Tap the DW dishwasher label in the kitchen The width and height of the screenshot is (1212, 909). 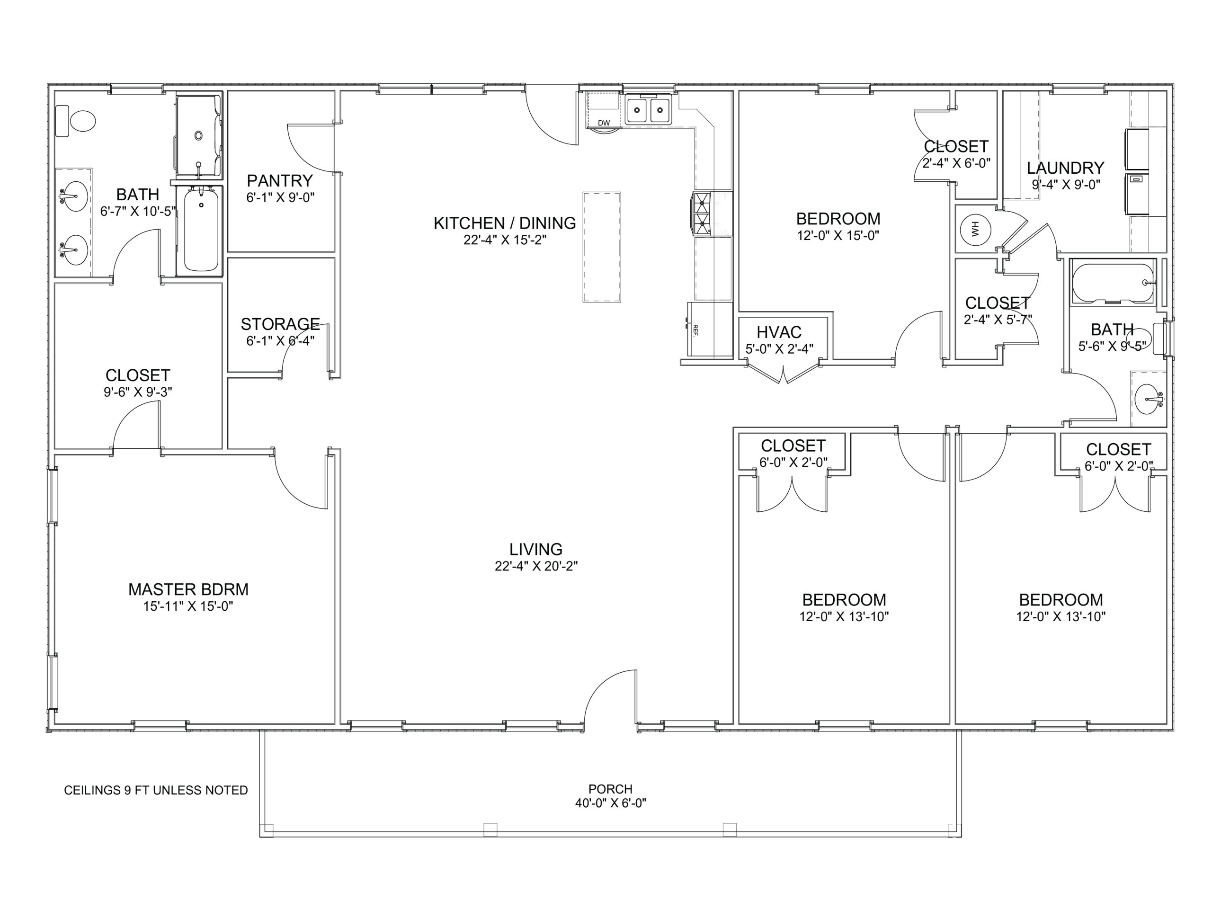tap(604, 123)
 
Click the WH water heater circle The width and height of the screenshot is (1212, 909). tap(975, 228)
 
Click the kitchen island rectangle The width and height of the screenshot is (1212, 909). tap(602, 247)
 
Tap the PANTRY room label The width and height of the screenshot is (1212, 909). tap(279, 180)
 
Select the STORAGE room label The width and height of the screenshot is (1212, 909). tap(280, 324)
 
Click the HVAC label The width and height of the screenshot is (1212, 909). tap(779, 332)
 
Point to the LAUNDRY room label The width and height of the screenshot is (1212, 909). tap(1065, 168)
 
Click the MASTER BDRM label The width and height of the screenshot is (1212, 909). tap(188, 589)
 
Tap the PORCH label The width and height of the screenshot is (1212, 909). tap(610, 789)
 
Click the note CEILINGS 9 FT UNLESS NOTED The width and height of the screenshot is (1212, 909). tap(156, 790)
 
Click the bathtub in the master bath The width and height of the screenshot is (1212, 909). tap(201, 230)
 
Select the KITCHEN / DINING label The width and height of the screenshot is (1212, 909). tap(505, 223)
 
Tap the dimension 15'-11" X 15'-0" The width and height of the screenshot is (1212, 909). tap(188, 606)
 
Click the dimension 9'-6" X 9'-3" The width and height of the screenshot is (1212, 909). tap(138, 392)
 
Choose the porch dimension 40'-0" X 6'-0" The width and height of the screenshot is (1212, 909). tap(610, 803)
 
